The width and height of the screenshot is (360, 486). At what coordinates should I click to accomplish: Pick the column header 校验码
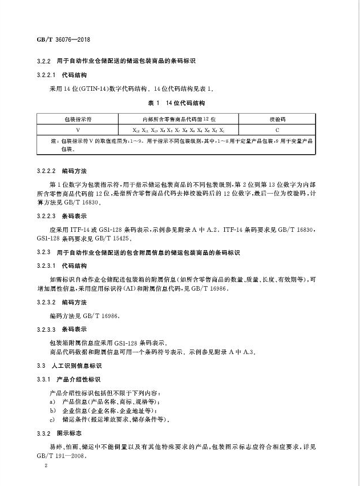pyautogui.click(x=277, y=119)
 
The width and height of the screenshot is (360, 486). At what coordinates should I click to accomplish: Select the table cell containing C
pyautogui.click(x=277, y=130)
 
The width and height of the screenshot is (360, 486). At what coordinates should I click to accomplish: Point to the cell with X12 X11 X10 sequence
pyautogui.click(x=177, y=130)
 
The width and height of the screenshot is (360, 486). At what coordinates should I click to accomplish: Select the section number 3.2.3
pyautogui.click(x=43, y=252)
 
